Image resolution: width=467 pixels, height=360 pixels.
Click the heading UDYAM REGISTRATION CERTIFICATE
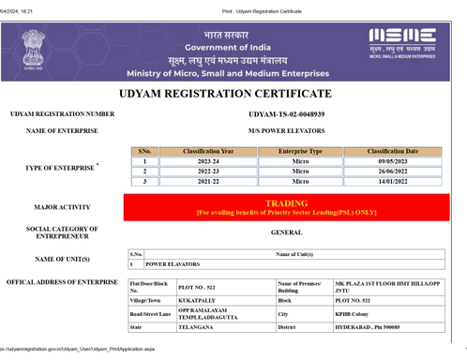(225, 94)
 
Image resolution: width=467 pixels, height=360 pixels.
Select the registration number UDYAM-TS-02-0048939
(286, 113)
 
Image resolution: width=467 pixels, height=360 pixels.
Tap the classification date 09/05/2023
(392, 161)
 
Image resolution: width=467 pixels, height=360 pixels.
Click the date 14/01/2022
(392, 182)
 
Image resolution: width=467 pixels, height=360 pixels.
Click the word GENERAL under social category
(286, 232)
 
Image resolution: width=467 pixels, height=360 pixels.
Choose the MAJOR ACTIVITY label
(62, 207)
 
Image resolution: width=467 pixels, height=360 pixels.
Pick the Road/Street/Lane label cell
(150, 314)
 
